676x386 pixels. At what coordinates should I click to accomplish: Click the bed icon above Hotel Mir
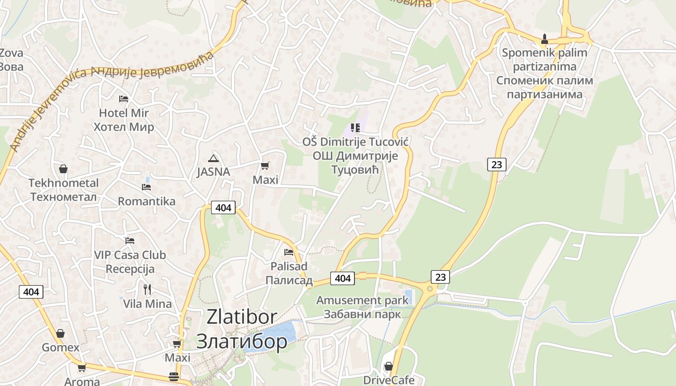[124, 99]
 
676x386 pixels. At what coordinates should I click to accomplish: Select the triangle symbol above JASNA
[213, 158]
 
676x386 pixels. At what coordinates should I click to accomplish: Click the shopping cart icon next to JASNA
[265, 166]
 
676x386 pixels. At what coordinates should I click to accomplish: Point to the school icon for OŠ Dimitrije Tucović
[355, 128]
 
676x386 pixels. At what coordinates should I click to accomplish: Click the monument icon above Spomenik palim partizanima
[545, 39]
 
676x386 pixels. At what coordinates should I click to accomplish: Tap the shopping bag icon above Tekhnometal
[63, 169]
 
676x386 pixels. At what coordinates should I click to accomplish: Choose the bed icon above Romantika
[146, 187]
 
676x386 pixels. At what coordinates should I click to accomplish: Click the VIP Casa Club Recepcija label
[130, 262]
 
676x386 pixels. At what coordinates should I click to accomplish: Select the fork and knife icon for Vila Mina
[147, 289]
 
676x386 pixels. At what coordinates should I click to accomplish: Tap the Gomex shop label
[60, 347]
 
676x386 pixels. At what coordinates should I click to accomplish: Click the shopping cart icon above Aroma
[82, 368]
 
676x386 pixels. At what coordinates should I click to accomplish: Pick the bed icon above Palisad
[289, 252]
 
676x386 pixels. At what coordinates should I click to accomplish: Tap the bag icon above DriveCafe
[388, 367]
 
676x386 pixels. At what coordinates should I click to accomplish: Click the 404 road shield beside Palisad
[342, 278]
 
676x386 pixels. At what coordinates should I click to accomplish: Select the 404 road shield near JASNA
[223, 207]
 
